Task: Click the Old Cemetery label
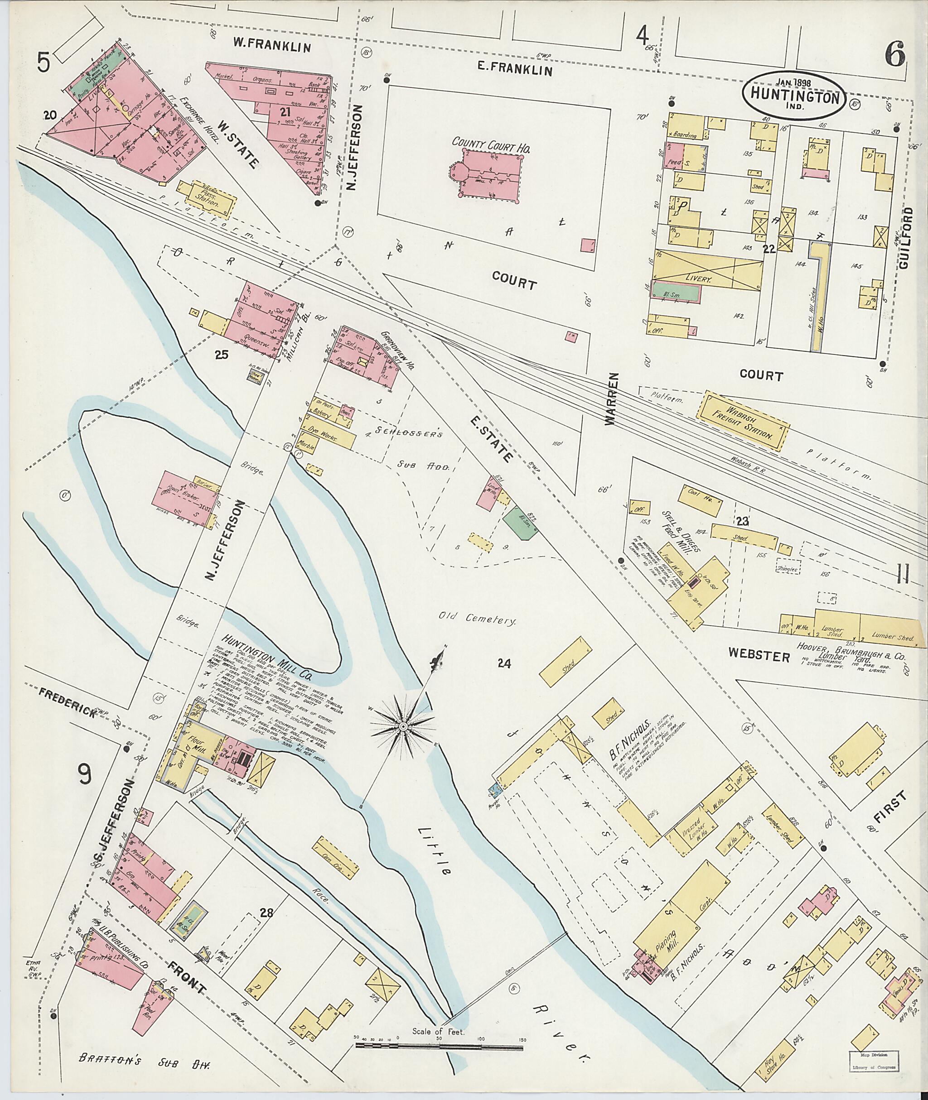(478, 620)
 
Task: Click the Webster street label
(759, 656)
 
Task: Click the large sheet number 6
(894, 56)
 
